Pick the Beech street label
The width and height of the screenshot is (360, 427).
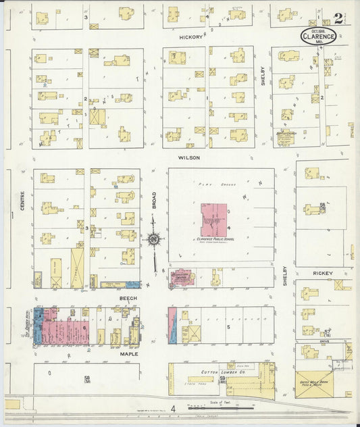128,298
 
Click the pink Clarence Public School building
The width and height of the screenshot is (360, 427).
215,220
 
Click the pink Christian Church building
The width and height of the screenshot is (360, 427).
181,278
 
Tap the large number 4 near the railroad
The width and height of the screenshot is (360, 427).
173,408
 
